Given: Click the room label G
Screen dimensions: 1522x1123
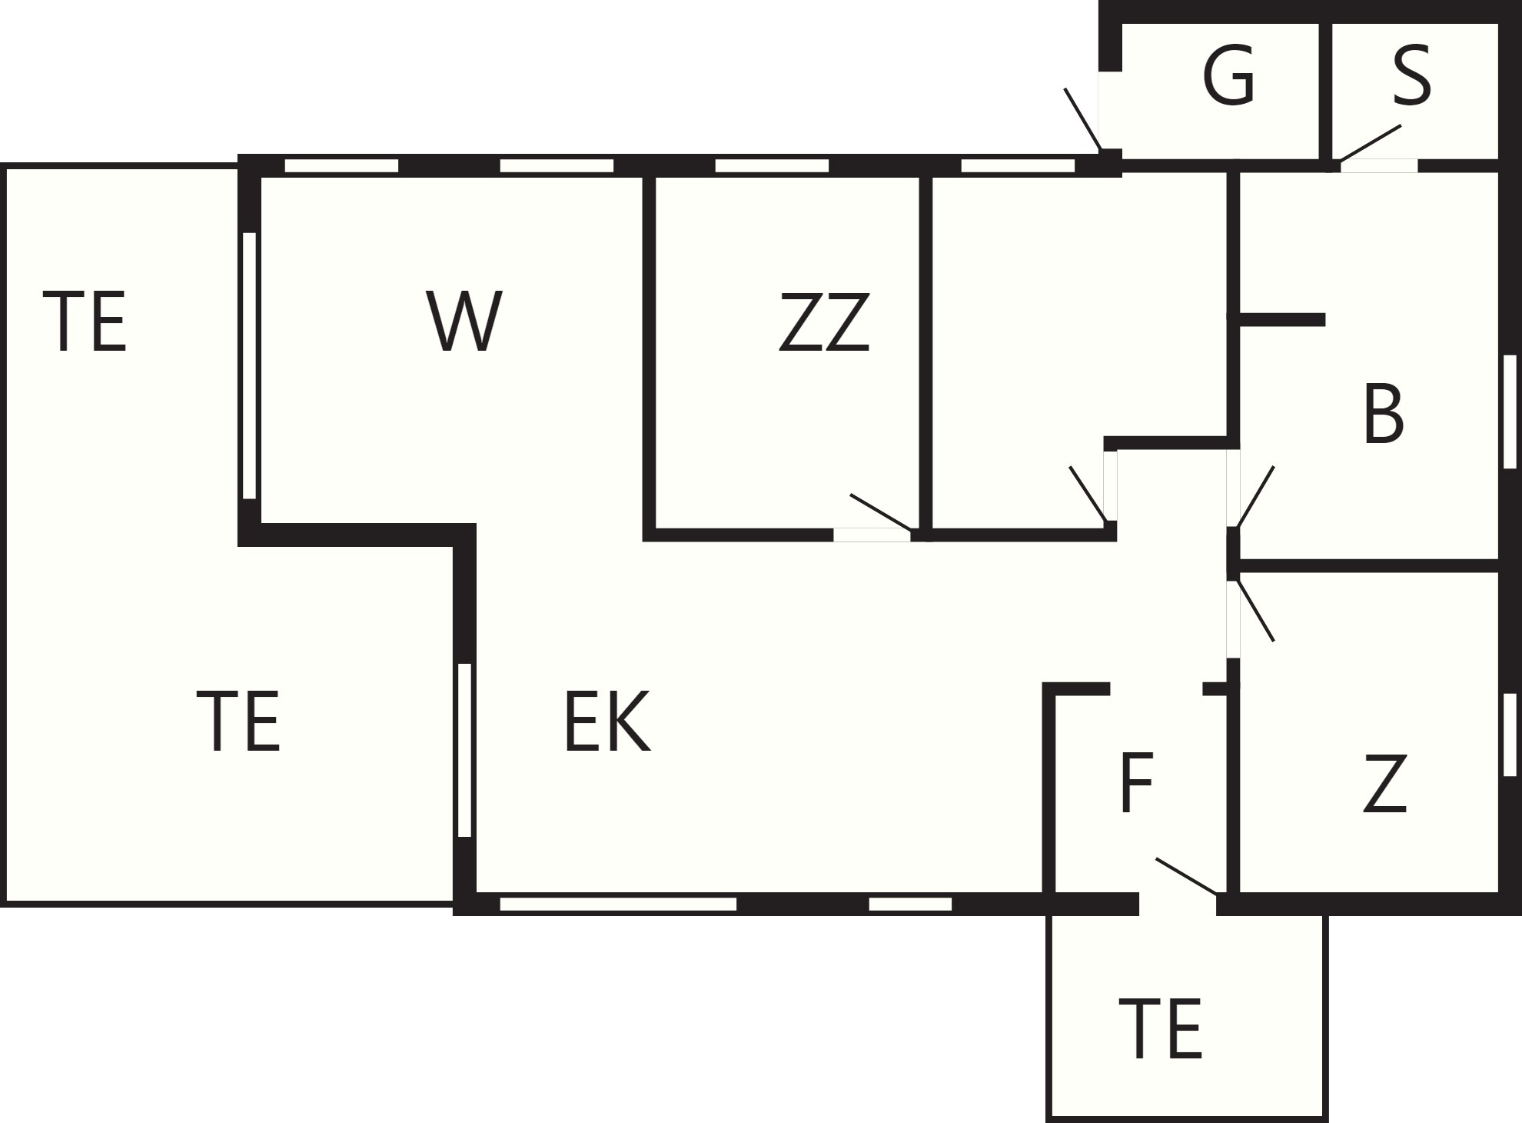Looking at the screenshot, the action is (x=1228, y=75).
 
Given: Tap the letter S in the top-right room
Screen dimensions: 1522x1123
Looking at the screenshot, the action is (x=1411, y=75).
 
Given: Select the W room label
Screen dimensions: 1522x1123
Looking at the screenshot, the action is (x=464, y=321).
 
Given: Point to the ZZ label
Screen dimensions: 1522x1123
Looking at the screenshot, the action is (x=824, y=322).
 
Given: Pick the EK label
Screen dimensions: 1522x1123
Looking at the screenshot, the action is (x=607, y=721).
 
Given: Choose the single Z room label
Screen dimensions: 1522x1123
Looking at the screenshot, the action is (x=1385, y=783).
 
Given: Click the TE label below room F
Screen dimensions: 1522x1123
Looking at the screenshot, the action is (x=1161, y=1028).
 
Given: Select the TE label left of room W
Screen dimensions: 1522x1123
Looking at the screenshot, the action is (x=85, y=321).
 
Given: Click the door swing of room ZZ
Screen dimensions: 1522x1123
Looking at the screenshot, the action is (x=881, y=512).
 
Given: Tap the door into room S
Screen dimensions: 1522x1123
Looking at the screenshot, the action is (x=1370, y=143).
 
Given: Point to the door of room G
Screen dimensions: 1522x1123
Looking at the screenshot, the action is (x=1083, y=119).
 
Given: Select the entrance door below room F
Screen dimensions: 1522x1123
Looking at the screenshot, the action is (x=1187, y=876).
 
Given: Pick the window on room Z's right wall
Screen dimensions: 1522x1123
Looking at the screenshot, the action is (x=1510, y=735).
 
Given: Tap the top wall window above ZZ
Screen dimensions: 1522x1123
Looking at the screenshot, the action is (x=772, y=165).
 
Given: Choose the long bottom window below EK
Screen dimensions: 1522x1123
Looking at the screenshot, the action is (x=618, y=904).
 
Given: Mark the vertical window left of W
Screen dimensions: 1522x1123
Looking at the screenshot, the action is (x=249, y=365).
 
